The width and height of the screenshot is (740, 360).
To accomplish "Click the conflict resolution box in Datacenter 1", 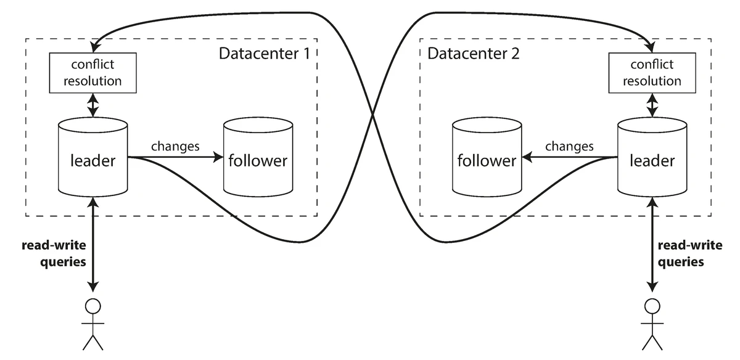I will (x=92, y=73).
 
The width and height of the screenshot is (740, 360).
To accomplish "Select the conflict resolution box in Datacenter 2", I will (x=652, y=73).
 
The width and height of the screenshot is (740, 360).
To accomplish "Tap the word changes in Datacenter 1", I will (x=176, y=147).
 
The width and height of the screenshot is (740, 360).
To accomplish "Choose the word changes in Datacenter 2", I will (x=569, y=147).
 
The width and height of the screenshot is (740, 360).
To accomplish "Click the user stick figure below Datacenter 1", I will (x=92, y=324).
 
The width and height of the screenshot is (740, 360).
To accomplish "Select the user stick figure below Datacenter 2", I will (x=652, y=324).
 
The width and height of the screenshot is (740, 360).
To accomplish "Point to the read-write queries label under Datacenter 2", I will (x=689, y=253).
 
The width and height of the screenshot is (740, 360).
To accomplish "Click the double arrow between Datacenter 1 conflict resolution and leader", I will (x=92, y=105).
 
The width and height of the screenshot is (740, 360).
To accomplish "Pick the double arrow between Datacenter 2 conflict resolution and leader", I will (x=652, y=105).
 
